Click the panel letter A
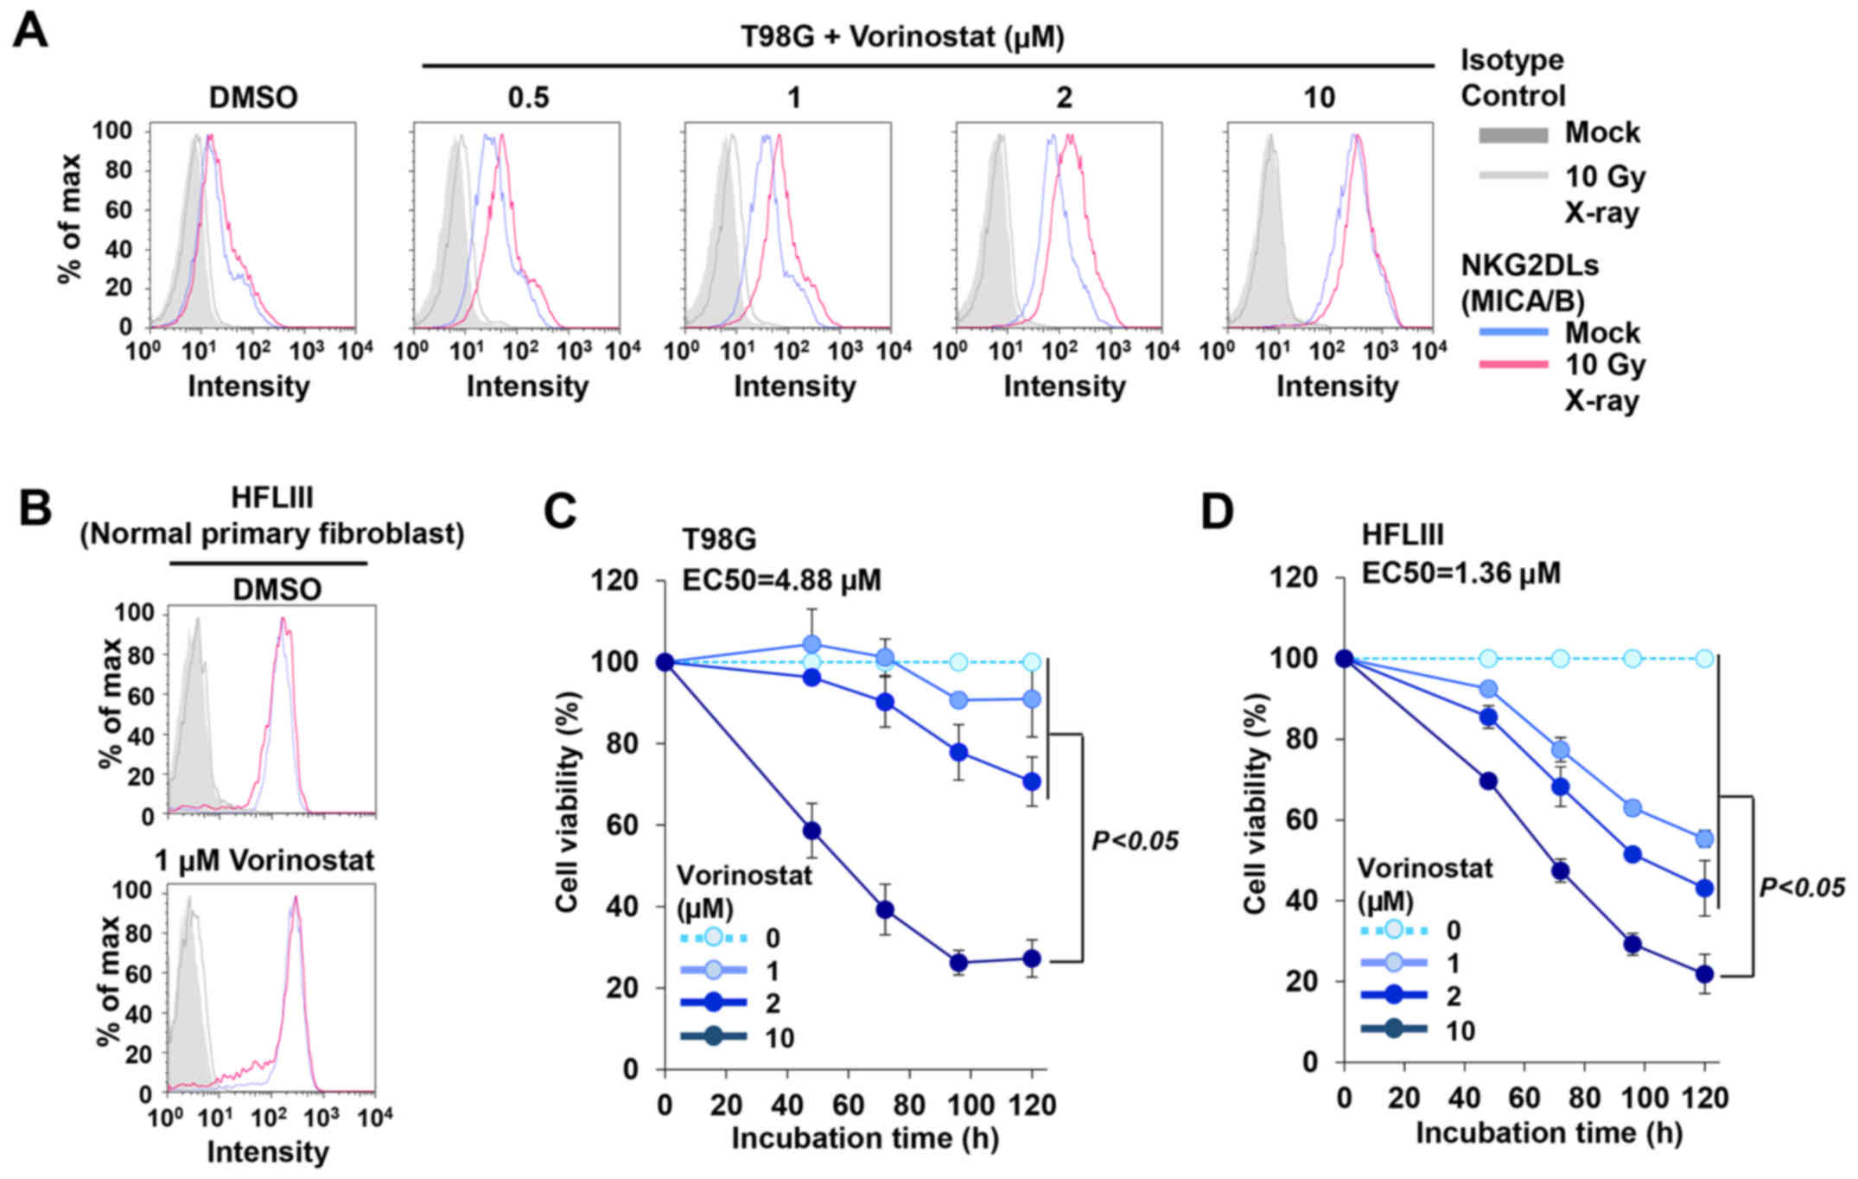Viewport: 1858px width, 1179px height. (30, 33)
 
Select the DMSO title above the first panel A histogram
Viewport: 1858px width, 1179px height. (253, 98)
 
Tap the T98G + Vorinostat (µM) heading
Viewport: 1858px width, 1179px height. (902, 37)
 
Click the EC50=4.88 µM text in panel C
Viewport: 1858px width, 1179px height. (781, 580)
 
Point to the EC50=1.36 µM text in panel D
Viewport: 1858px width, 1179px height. (1460, 573)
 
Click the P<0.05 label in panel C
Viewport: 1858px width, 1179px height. (1134, 841)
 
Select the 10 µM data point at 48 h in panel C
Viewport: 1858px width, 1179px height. (811, 831)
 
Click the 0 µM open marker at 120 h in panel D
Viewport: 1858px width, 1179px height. (1704, 659)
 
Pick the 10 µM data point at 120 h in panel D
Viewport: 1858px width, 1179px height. (1704, 973)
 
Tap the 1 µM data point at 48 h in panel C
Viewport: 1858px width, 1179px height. (811, 644)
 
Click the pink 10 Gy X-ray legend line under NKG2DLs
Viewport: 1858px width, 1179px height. (1512, 366)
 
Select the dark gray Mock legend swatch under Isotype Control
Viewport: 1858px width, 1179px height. (1512, 135)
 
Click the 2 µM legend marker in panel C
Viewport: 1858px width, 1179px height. (713, 1003)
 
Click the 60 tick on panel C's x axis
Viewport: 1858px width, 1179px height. (848, 1106)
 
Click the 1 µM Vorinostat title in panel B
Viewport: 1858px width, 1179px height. (264, 861)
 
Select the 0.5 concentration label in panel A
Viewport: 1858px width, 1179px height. (528, 98)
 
